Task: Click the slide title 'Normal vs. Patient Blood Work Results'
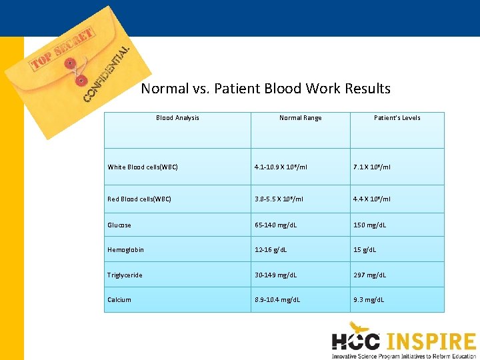click(x=265, y=89)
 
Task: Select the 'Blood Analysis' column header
click(x=177, y=118)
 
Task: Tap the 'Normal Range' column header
click(x=300, y=118)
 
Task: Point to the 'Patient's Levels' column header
click(x=397, y=118)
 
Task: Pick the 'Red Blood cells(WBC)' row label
click(x=139, y=199)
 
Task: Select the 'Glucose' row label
click(x=119, y=225)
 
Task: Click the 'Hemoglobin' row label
click(x=126, y=250)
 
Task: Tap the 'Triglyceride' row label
click(x=125, y=275)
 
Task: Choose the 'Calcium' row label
click(x=119, y=300)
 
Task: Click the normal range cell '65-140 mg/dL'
click(x=275, y=225)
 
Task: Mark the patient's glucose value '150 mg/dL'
click(x=369, y=225)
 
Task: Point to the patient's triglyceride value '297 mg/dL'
click(x=369, y=275)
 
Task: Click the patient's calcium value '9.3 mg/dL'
click(x=369, y=300)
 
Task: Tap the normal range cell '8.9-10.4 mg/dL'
click(x=277, y=300)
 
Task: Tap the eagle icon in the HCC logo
click(x=360, y=328)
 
